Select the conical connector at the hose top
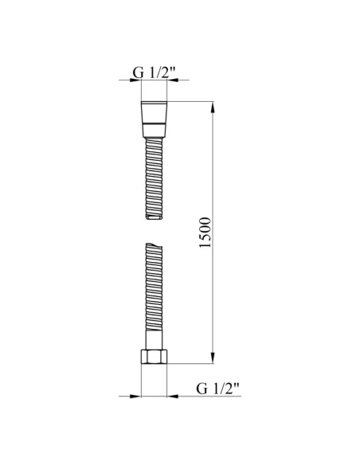pos(155,116)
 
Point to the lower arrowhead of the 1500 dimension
pos(213,358)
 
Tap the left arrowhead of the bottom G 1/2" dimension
pos(136,396)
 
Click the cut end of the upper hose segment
pos(155,217)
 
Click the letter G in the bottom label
pos(201,389)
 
